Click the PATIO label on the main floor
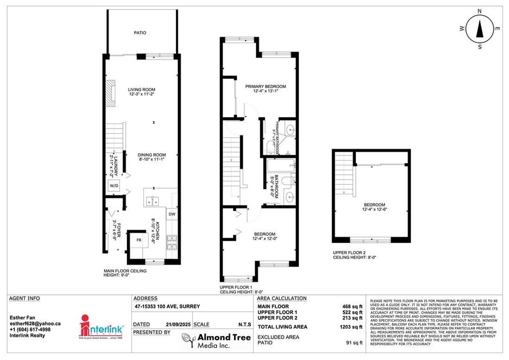click(140, 33)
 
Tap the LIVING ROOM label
click(142, 90)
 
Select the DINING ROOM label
click(152, 155)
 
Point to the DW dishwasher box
click(172, 214)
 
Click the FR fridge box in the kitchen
click(138, 240)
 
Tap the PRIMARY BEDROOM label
click(266, 86)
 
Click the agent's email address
click(35, 323)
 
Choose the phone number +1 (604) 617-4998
click(30, 330)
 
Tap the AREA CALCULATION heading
click(282, 298)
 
